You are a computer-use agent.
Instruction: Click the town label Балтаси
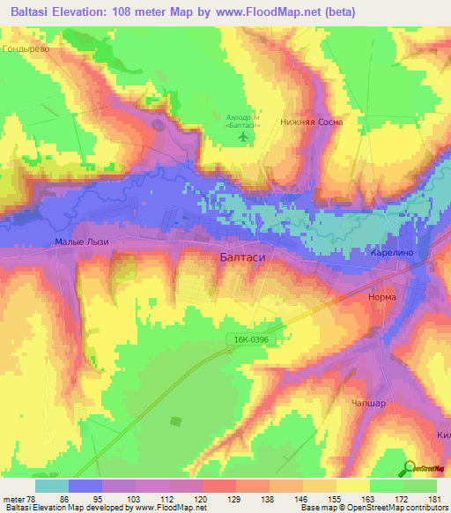pos(241,256)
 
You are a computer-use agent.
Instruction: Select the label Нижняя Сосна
pos(310,123)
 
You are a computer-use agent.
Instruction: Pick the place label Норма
pos(381,297)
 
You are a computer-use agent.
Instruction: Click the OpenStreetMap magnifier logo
pos(410,467)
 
